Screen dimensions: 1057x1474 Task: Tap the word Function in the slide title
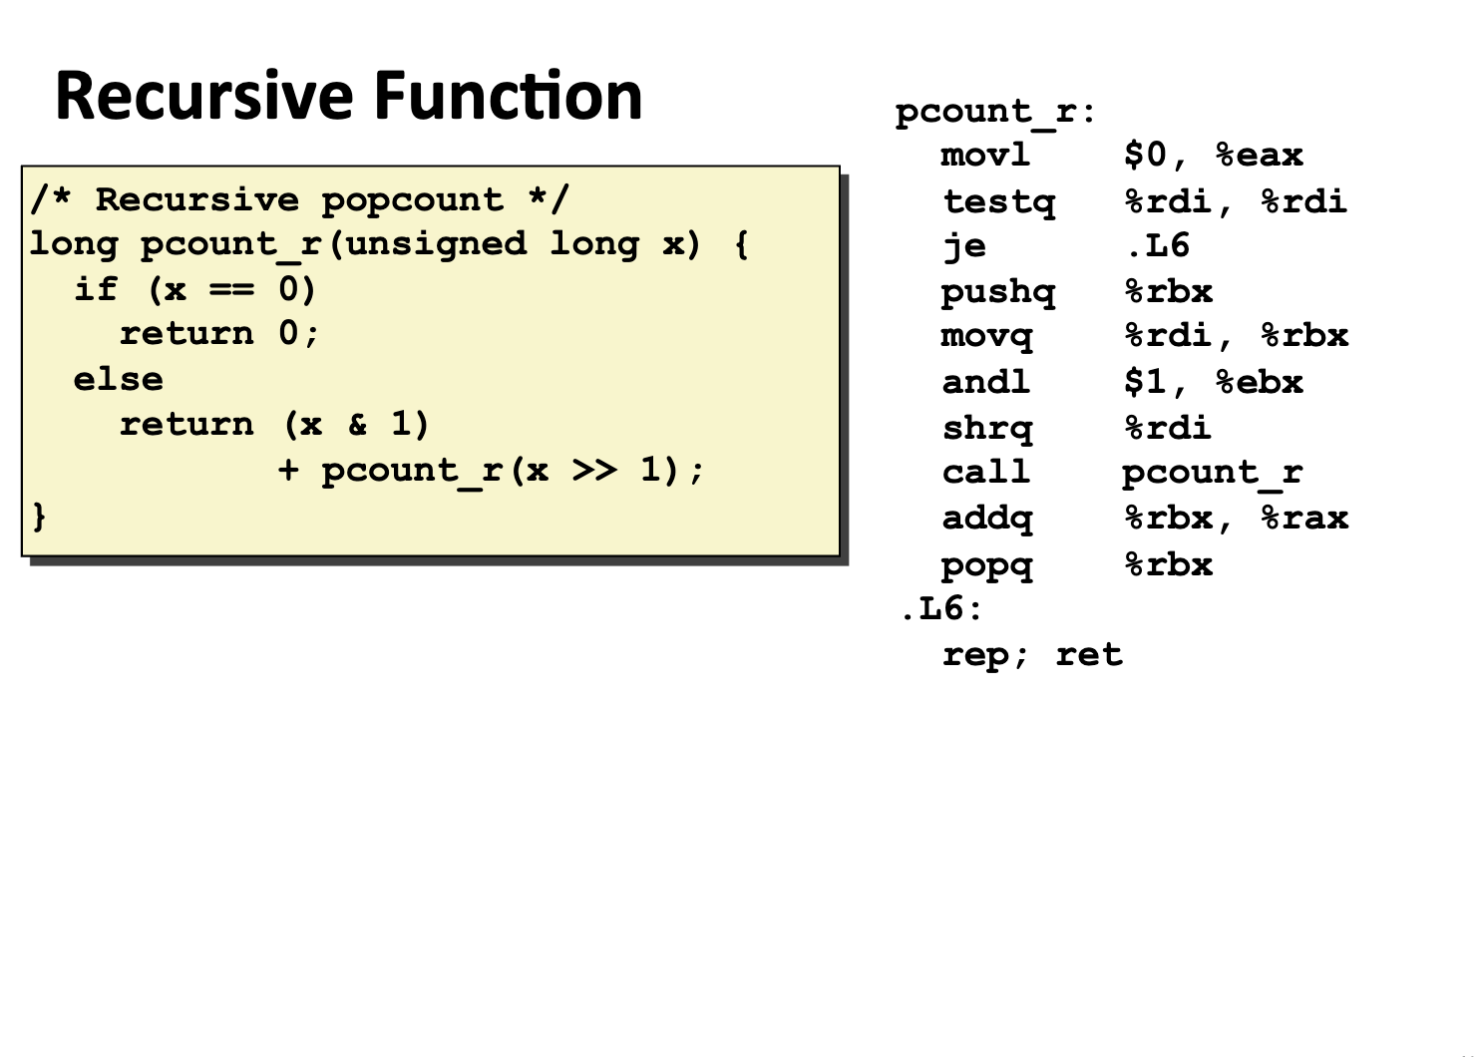508,97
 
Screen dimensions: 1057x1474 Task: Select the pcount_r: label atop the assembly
994,112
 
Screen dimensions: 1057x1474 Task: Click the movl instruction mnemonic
985,156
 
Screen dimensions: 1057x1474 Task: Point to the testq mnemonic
998,202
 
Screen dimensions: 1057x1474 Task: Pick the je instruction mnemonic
964,246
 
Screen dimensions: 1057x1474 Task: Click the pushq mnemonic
997,292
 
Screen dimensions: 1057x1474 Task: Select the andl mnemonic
985,382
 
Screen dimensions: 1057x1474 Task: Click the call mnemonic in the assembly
985,473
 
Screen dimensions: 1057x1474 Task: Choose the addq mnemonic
987,519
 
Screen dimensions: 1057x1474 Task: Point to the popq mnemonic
987,565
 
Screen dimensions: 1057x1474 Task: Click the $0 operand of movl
1145,156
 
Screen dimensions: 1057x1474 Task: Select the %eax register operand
1260,156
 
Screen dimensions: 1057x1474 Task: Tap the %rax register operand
1304,519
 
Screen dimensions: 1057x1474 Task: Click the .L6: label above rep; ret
940,609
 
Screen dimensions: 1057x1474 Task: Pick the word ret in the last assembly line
1089,655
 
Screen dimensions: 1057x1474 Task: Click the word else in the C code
118,380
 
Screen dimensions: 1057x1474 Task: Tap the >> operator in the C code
594,470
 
